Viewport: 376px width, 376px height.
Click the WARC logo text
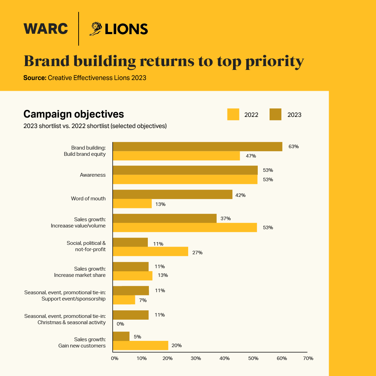coord(46,29)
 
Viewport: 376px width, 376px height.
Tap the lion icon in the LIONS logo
coord(96,29)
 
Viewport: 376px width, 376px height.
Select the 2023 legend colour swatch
coord(275,114)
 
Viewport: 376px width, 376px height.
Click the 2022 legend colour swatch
coord(233,114)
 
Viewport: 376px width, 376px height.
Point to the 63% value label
coord(294,146)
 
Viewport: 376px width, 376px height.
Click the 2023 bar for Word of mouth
coord(173,194)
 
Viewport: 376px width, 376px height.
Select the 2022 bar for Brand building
coord(176,156)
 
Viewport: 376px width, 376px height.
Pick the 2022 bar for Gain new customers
coord(141,345)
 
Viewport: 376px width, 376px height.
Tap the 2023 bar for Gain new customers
coord(121,336)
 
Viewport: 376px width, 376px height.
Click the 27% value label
coord(197,252)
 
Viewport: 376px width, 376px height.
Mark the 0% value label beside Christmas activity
coord(120,324)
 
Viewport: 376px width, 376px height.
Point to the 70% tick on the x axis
coord(308,358)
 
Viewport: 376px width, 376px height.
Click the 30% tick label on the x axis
coord(196,358)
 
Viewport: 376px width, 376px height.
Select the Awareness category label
coord(93,175)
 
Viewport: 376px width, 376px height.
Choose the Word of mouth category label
coord(88,199)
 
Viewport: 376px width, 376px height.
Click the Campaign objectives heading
coord(73,114)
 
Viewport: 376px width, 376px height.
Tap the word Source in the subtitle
coord(34,78)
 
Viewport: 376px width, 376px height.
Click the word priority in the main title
coord(270,61)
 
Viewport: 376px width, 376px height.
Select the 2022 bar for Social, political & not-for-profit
coord(151,251)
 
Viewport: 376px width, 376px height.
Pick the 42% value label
coord(240,195)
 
